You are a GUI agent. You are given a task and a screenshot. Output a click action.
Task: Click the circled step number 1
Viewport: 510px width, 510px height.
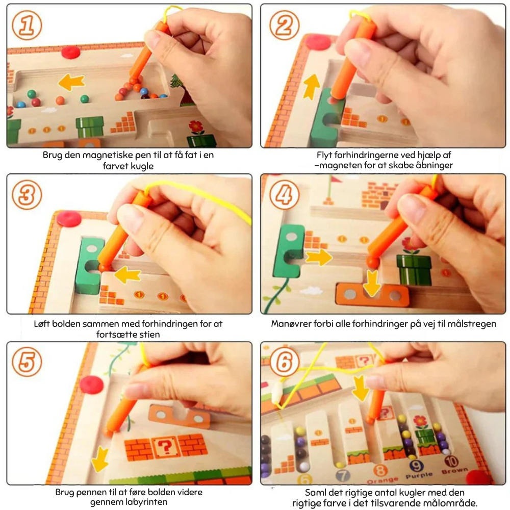[27, 25]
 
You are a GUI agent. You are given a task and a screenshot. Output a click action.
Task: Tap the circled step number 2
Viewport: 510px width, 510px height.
[284, 25]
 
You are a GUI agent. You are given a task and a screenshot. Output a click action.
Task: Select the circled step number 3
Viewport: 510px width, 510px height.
[27, 194]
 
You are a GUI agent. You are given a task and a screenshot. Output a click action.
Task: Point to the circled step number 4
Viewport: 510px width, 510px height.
[284, 194]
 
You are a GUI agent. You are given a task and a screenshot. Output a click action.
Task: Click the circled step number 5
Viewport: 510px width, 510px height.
[27, 362]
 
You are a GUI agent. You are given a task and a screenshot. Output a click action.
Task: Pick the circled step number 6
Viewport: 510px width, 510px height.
[284, 362]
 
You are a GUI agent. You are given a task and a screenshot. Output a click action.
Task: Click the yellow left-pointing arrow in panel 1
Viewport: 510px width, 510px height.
[71, 82]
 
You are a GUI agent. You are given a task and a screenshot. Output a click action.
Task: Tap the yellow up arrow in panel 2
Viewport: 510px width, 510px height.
[312, 87]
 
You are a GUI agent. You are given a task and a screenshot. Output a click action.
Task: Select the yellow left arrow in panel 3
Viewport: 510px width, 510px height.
[127, 274]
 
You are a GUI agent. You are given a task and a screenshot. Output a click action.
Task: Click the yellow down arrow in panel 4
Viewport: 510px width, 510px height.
[371, 283]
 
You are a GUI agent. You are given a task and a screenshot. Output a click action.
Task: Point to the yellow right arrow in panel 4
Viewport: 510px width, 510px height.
[319, 257]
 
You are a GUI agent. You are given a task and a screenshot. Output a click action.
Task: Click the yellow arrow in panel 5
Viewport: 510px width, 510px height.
[100, 460]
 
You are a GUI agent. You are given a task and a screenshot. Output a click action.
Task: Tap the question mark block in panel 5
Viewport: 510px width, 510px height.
[166, 447]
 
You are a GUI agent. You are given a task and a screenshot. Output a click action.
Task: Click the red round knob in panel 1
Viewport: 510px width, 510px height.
[71, 52]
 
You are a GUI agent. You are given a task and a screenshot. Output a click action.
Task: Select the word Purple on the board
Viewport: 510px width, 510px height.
[419, 475]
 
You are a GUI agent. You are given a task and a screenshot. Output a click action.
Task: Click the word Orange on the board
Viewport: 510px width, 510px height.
[382, 480]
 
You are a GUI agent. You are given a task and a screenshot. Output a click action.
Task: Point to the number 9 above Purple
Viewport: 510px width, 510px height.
[416, 466]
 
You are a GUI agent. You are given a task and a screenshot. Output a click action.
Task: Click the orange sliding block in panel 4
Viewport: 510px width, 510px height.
[372, 295]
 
